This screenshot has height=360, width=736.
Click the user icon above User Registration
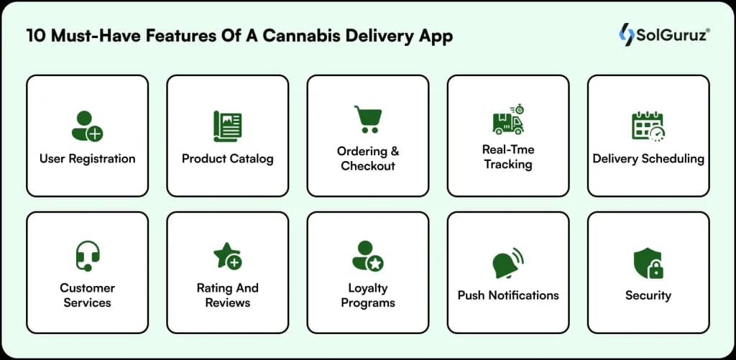[87, 126]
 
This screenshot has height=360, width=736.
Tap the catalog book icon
[227, 126]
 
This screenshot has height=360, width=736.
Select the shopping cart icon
[367, 119]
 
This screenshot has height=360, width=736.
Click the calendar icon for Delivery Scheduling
[648, 126]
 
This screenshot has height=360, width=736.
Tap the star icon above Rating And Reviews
[227, 256]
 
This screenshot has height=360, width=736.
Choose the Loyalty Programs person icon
[367, 256]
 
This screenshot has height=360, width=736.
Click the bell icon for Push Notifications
[508, 263]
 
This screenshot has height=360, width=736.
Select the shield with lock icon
[648, 263]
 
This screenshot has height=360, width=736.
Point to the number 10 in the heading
[36, 36]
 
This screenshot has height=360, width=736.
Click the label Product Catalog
[227, 159]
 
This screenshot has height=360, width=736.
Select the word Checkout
[368, 166]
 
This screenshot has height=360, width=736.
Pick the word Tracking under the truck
[508, 165]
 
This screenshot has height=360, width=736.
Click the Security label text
[648, 295]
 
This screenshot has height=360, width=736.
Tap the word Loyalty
[368, 288]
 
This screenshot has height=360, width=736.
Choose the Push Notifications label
[508, 295]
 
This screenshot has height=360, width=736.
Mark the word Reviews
[227, 303]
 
